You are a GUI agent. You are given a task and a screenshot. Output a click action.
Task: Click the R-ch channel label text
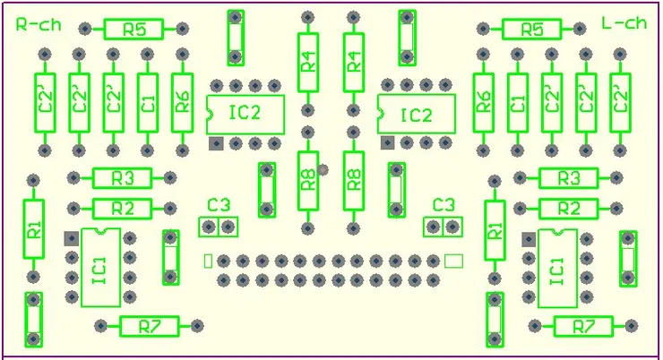(39, 24)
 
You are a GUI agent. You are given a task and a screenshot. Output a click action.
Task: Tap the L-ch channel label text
(624, 24)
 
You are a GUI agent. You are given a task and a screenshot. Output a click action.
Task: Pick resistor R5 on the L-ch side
(532, 30)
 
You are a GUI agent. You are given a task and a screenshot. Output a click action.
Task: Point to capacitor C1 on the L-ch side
(517, 101)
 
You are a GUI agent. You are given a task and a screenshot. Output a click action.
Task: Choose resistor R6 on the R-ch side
(182, 101)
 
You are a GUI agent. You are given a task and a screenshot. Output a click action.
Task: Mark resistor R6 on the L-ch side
(484, 101)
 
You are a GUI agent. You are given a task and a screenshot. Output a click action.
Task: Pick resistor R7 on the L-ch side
(584, 326)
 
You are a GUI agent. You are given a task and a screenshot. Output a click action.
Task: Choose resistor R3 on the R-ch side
(123, 178)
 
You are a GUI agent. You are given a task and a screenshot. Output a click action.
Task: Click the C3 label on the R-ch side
(219, 205)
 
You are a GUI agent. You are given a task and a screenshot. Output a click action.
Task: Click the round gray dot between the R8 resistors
(323, 169)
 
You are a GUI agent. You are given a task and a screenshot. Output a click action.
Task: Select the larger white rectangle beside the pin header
(454, 261)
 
